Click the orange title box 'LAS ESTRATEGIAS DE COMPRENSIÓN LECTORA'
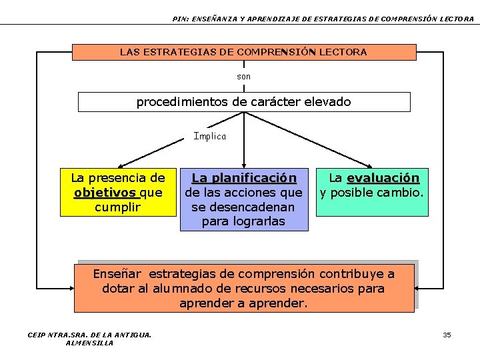coord(243,52)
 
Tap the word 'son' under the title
coord(244,77)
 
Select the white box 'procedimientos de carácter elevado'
coord(243,102)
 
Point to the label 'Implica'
coord(210,136)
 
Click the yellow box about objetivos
coord(118,192)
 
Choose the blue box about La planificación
coord(244,199)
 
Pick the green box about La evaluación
coord(371,192)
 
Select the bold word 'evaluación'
coord(383,179)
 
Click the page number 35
coord(447,335)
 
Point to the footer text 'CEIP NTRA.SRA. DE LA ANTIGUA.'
coord(89,335)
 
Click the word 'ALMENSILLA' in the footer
coord(89,343)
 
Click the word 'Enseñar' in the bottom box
coord(117,274)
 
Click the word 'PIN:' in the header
coord(179,19)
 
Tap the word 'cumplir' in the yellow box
coord(118,207)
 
